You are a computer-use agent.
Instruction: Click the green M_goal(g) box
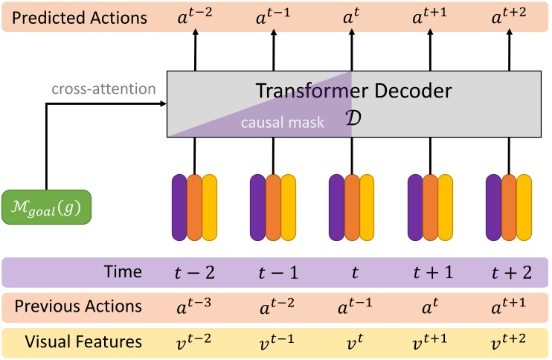tap(46, 208)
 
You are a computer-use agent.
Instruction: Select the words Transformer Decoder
tap(353, 91)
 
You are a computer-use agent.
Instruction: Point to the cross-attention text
tap(103, 89)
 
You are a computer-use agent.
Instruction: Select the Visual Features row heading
tap(83, 341)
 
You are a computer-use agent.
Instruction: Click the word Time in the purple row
tap(122, 272)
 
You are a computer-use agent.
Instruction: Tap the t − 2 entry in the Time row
tap(195, 272)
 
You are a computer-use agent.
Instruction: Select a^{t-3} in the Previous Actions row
tap(195, 306)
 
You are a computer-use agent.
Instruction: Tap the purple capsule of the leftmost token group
tap(179, 208)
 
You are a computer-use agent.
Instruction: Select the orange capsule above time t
tap(352, 208)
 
